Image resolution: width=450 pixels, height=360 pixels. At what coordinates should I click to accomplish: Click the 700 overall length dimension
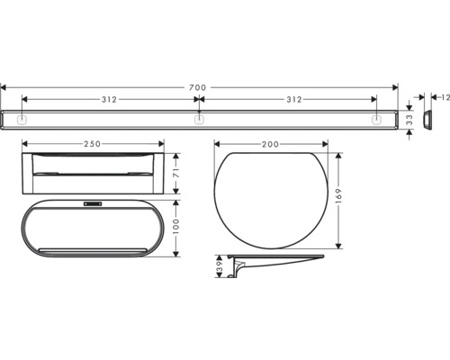tap(198, 87)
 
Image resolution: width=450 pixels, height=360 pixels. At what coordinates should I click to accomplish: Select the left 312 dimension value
tap(109, 99)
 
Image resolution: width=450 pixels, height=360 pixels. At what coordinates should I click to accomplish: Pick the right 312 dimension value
tap(294, 99)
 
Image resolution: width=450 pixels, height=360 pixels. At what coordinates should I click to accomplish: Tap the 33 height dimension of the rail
tap(409, 120)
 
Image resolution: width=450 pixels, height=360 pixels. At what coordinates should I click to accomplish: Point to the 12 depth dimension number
tap(445, 97)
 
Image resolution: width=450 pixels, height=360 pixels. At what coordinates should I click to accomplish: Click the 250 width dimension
tap(92, 144)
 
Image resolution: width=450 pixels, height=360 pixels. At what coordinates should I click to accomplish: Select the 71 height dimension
tap(176, 174)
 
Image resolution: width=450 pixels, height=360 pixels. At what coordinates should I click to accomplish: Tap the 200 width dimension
tap(271, 144)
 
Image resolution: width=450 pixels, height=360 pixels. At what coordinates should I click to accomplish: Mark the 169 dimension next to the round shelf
tap(338, 196)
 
